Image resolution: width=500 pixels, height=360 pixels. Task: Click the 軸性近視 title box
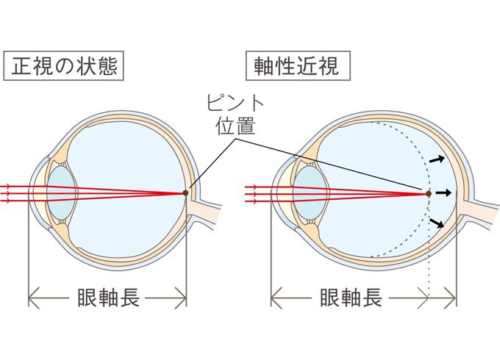(297, 67)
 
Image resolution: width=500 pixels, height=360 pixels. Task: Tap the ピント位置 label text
(235, 114)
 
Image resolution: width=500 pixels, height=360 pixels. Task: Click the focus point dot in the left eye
(186, 193)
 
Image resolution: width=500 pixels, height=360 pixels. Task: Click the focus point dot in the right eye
(428, 193)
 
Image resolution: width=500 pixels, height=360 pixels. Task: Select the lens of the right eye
(307, 193)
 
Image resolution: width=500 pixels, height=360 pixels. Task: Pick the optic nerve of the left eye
(210, 209)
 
